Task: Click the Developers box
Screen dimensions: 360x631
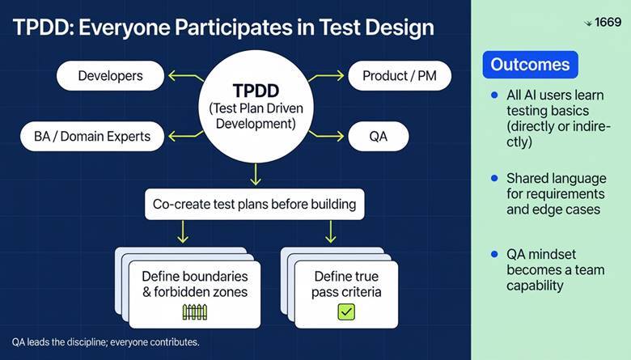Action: click(x=111, y=76)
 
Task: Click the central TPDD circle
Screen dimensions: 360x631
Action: click(x=254, y=106)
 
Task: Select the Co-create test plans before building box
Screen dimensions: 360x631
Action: click(x=254, y=204)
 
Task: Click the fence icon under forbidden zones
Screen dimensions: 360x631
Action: click(x=196, y=311)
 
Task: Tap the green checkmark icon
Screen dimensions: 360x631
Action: click(x=346, y=311)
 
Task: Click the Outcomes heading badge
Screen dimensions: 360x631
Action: click(x=530, y=65)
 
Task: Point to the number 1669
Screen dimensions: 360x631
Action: click(x=607, y=23)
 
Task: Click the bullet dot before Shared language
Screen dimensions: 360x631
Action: click(x=494, y=177)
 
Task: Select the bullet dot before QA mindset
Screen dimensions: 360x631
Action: click(x=494, y=254)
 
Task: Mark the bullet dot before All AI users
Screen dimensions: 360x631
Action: click(x=494, y=95)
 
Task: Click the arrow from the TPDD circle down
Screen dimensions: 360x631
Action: click(x=254, y=173)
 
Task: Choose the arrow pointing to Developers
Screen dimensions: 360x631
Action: click(x=184, y=78)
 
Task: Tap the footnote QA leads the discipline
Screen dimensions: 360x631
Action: click(x=106, y=343)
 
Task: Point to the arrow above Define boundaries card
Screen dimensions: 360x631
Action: click(x=183, y=232)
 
